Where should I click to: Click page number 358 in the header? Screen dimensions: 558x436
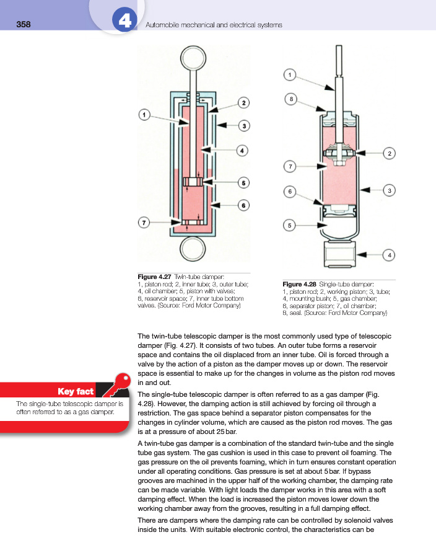pos(24,25)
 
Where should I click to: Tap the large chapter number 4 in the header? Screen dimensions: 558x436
pos(124,22)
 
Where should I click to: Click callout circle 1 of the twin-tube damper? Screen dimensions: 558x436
pos(144,114)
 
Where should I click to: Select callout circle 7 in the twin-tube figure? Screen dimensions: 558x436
pos(143,222)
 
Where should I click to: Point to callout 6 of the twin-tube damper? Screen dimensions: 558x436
pos(244,205)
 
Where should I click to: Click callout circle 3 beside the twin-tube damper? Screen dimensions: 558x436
pos(245,126)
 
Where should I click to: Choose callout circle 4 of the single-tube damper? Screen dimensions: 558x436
pos(390,254)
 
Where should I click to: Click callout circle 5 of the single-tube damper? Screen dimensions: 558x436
pos(289,225)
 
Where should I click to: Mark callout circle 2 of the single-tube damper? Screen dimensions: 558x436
pos(390,153)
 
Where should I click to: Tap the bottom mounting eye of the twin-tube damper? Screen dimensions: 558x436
pos(192,250)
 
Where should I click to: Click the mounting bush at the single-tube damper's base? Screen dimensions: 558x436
pos(339,254)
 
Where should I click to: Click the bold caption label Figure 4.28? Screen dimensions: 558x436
pos(299,285)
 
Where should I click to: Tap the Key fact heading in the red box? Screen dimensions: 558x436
pos(76,391)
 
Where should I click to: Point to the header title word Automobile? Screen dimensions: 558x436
pos(162,25)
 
